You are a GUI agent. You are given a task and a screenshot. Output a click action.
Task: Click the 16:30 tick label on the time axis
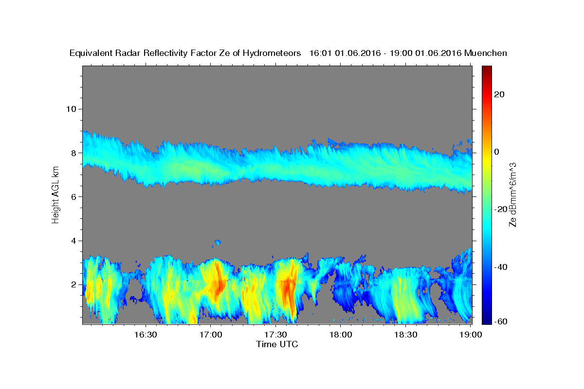pos(146,335)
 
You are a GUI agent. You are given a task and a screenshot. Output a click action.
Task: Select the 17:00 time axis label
pos(211,335)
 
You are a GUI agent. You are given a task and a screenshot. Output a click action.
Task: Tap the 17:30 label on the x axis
pos(275,335)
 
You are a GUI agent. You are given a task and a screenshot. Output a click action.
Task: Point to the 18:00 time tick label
pos(341,335)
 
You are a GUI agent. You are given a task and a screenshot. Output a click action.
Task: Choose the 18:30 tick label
pos(406,335)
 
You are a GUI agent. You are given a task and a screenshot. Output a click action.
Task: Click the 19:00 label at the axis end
pos(471,335)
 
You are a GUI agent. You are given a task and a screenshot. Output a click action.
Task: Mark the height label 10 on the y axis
pos(71,109)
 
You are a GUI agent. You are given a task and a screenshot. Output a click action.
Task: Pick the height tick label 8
pos(74,153)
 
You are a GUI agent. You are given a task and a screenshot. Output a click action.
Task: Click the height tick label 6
pos(74,197)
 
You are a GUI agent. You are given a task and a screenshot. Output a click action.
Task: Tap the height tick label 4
pos(74,241)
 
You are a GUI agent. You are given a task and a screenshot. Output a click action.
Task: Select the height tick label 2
pos(74,284)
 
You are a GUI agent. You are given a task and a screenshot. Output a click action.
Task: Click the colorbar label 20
pos(499,94)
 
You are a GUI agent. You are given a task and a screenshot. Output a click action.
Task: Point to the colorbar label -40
pos(501,267)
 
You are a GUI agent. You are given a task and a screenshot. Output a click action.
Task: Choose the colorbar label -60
pos(501,321)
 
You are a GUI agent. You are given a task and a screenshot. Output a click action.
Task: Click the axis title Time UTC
pos(277,344)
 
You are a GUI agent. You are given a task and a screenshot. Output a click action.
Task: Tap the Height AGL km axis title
pos(55,195)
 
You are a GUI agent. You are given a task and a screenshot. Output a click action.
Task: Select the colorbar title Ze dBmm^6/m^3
pos(512,195)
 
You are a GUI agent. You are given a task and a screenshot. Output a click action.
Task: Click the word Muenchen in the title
pos(486,53)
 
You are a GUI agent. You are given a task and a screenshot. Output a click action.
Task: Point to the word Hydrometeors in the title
pos(272,53)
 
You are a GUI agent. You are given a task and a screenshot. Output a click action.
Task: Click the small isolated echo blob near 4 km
pos(218,242)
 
